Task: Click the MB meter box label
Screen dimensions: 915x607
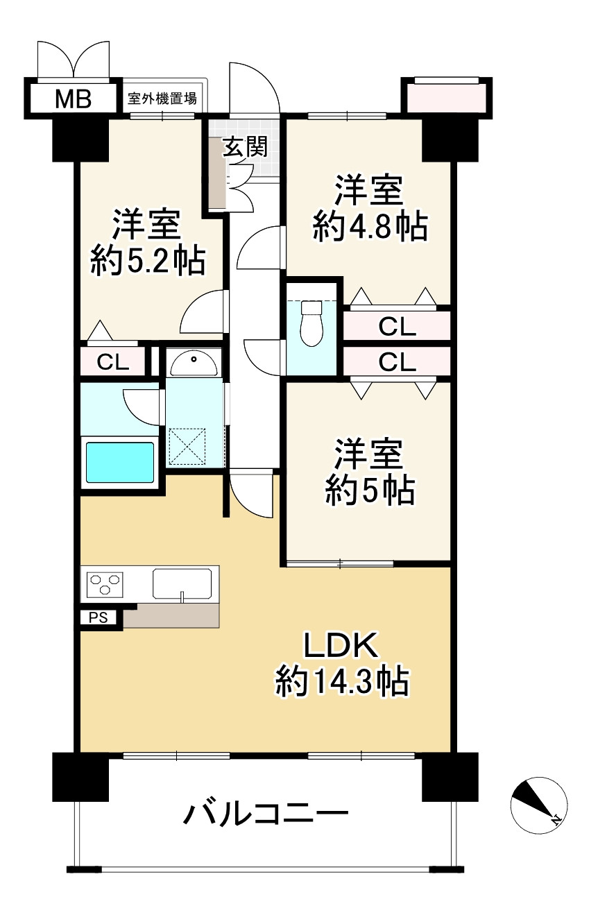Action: click(73, 99)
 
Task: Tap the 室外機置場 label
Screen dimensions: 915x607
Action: click(162, 99)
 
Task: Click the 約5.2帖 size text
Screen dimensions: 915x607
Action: click(147, 263)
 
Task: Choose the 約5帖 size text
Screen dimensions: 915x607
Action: click(370, 491)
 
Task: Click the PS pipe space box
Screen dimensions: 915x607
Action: click(98, 617)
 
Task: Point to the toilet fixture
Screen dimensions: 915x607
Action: click(311, 322)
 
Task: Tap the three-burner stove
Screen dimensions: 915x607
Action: click(105, 583)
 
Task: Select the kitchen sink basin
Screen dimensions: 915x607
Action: click(182, 583)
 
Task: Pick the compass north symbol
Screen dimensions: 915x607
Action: click(538, 805)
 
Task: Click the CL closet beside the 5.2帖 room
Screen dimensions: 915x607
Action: click(112, 361)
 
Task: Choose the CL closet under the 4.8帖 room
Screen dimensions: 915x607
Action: click(397, 326)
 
